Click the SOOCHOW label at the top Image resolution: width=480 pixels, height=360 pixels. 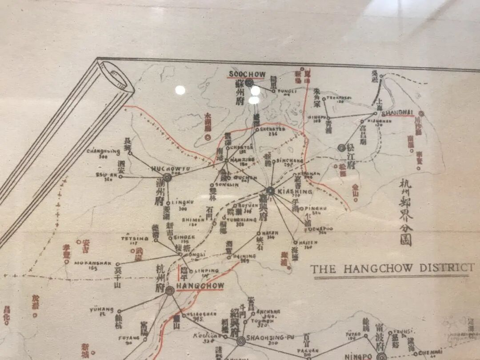(x=247, y=74)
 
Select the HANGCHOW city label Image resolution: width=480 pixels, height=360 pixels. (x=200, y=285)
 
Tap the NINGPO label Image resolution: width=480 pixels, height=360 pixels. (x=358, y=356)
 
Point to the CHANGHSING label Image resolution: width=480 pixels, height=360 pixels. (x=103, y=151)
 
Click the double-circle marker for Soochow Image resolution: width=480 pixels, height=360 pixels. (x=249, y=83)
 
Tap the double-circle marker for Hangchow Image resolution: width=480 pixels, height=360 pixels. (x=170, y=291)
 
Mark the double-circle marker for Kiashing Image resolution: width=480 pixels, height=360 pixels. (x=270, y=191)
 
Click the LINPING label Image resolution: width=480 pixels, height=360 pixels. (x=207, y=271)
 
